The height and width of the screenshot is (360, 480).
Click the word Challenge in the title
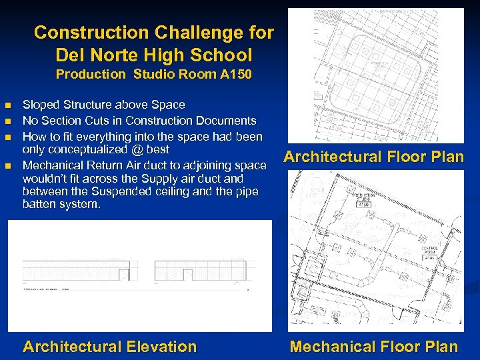(x=200, y=33)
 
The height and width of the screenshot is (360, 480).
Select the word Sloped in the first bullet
(x=41, y=105)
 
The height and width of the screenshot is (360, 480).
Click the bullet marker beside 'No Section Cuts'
(x=7, y=121)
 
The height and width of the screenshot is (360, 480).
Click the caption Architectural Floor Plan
(x=373, y=157)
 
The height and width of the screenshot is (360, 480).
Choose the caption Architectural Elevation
(x=110, y=347)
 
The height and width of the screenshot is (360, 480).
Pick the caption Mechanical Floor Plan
(x=373, y=347)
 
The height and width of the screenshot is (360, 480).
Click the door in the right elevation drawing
(x=189, y=275)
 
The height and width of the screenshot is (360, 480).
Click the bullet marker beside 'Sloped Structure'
(x=7, y=105)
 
